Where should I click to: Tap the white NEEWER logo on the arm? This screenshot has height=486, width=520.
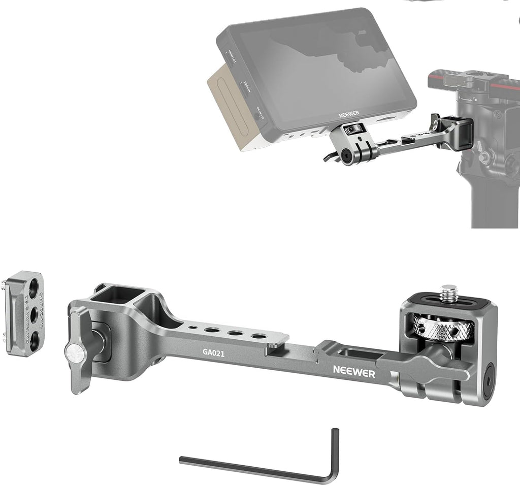(x=354, y=374)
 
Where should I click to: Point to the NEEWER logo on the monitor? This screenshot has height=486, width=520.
(x=349, y=115)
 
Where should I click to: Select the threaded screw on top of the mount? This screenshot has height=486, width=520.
(x=448, y=294)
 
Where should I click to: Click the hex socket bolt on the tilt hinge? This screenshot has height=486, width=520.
(x=489, y=374)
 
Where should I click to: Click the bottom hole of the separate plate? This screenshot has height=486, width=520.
(x=34, y=340)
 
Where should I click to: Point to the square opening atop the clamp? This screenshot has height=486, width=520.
(x=116, y=296)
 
